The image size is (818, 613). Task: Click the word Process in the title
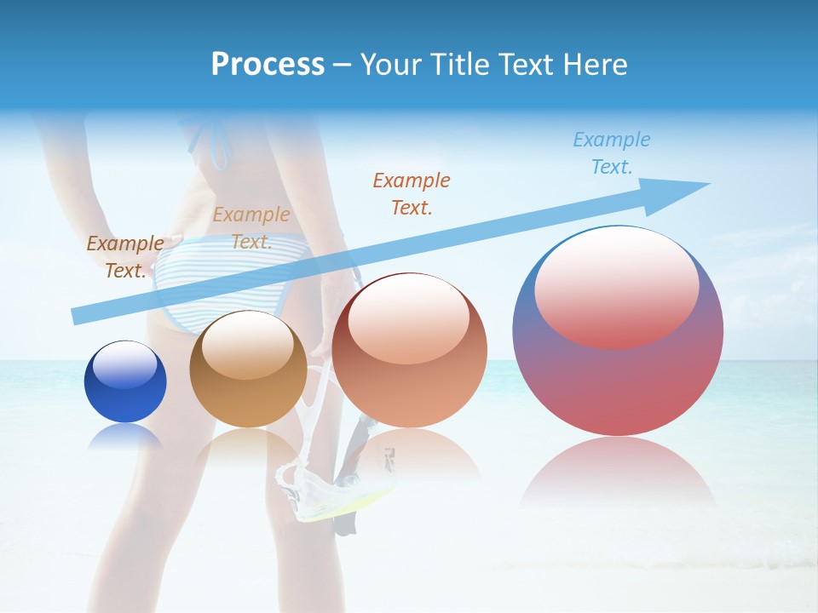pos(268,65)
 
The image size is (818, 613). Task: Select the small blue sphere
pos(125,382)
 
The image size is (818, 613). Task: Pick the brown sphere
pos(248,370)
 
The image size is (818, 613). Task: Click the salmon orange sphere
pos(409,351)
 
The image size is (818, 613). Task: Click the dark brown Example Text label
pos(124,256)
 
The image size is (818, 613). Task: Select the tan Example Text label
pos(251,228)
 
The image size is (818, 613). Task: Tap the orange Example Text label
pos(411,193)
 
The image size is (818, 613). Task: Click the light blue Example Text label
pos(611,152)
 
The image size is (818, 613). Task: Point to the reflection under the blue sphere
pos(125,436)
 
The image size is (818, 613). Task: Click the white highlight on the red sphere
pos(616,285)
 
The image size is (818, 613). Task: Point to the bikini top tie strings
pos(209,140)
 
